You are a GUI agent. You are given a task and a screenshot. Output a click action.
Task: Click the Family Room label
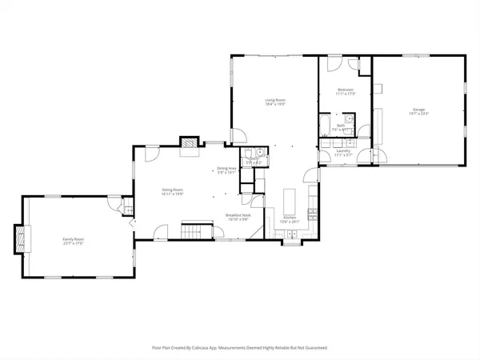click(x=74, y=238)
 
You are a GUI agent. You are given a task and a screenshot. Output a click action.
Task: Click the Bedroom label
click(x=345, y=89)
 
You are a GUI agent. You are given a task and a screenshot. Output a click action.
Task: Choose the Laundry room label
click(x=344, y=150)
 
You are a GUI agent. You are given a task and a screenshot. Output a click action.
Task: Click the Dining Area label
click(x=226, y=168)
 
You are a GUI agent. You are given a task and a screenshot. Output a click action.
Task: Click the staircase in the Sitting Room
click(x=192, y=231)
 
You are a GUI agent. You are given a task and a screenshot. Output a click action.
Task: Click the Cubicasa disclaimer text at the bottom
click(x=239, y=348)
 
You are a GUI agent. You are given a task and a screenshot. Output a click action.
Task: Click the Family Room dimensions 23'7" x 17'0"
click(x=74, y=243)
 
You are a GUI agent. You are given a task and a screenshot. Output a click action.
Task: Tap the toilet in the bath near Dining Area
click(x=260, y=153)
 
